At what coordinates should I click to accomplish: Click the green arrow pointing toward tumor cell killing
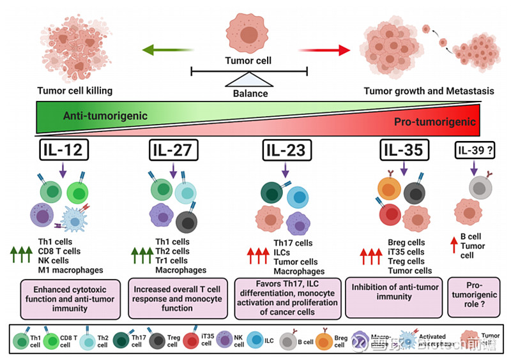click(x=168, y=49)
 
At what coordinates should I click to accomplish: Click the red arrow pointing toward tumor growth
click(x=325, y=49)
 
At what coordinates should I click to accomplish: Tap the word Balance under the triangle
click(x=250, y=93)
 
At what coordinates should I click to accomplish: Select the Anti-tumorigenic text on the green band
click(x=105, y=116)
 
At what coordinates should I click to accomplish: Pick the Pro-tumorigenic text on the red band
click(x=435, y=122)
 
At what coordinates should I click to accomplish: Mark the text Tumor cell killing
click(x=74, y=91)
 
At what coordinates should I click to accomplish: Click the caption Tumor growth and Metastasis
click(x=429, y=91)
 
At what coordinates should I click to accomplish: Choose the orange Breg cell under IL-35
click(x=387, y=189)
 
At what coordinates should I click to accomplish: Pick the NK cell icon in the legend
click(x=226, y=340)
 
